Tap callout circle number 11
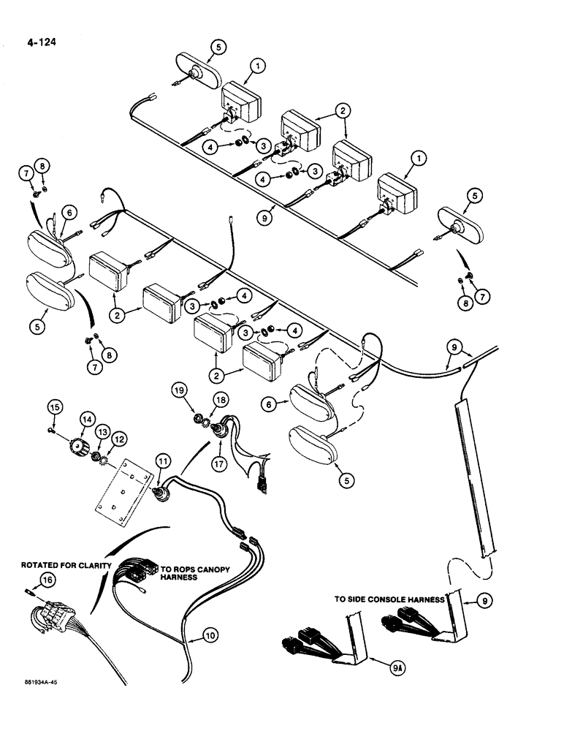tap(161, 461)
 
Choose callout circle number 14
tap(87, 420)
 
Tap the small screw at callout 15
tap(50, 430)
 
